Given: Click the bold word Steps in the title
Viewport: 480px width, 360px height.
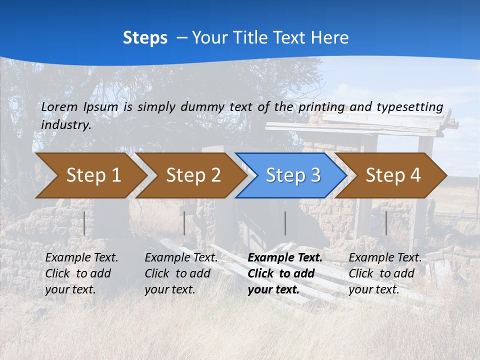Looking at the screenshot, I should coord(145,38).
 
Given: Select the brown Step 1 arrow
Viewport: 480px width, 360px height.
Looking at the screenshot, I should coord(90,175).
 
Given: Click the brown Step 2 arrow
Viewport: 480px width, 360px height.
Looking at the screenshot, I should coord(190,175).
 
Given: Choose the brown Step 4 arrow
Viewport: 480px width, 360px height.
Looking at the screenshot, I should coord(390,175).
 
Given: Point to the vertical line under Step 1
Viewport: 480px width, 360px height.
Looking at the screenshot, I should coord(84,223).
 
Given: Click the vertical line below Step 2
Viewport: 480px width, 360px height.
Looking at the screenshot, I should coord(184,223).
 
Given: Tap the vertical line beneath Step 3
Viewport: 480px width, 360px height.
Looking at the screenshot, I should coord(285,223).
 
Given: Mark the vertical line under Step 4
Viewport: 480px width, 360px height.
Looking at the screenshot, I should coord(386,223).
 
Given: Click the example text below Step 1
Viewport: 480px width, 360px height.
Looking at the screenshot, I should coord(81,273).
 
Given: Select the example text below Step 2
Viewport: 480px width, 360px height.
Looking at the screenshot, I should coord(181,273).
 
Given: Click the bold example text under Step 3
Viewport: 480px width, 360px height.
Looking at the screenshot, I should coord(284,273).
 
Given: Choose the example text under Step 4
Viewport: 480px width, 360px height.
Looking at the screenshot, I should coord(385,273).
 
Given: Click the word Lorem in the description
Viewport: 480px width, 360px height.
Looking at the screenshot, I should coord(59,107).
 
